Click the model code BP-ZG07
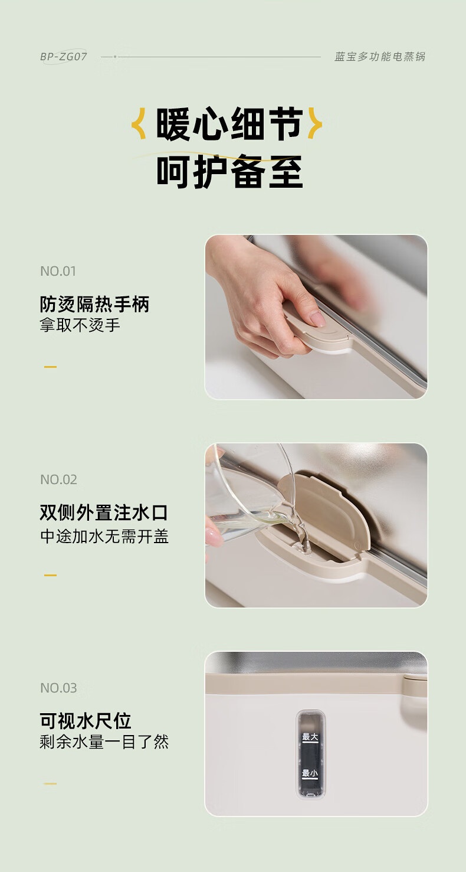63,57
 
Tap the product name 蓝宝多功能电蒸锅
380,57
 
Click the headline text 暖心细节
229,124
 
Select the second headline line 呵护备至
229,172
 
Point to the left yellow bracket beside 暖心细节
139,124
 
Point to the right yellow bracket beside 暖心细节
315,123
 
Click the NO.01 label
58,272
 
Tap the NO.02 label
58,479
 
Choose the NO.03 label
58,688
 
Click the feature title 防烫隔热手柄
94,304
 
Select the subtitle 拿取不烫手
80,325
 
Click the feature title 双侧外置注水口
103,512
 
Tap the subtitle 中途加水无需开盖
104,536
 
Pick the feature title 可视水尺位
85,721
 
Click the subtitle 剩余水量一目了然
104,742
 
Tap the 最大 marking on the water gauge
310,737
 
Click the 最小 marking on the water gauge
310,773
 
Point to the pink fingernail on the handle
318,319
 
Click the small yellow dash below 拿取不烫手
51,367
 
